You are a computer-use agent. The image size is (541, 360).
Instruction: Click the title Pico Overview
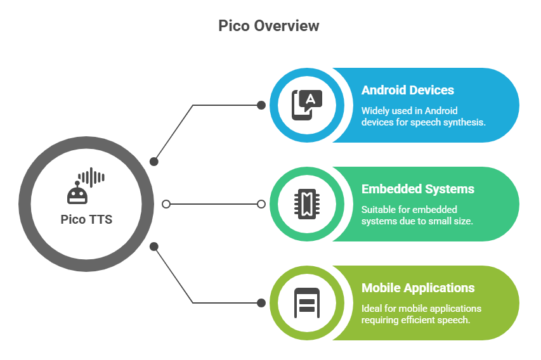click(268, 26)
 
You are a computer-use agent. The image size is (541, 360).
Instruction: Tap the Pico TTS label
click(86, 219)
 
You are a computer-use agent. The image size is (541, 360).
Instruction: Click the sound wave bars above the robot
click(91, 177)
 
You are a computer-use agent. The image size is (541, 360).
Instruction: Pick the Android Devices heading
click(407, 90)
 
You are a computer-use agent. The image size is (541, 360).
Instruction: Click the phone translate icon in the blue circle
click(306, 105)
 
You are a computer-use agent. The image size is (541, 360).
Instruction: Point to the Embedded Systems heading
click(417, 189)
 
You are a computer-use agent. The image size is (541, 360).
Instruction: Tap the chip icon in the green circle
click(306, 204)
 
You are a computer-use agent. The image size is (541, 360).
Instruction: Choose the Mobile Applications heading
click(417, 288)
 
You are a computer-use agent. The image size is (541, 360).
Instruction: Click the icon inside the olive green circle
click(306, 303)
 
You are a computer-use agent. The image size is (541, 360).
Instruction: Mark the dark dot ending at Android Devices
click(261, 105)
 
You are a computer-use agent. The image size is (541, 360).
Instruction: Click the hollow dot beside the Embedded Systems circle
click(261, 204)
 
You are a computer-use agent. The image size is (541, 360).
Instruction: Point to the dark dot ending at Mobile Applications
click(261, 303)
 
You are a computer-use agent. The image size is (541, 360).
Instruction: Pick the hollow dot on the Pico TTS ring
click(166, 204)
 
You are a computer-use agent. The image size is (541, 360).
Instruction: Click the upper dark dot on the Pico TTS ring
click(153, 162)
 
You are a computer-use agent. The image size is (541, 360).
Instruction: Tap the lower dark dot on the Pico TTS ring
click(153, 246)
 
